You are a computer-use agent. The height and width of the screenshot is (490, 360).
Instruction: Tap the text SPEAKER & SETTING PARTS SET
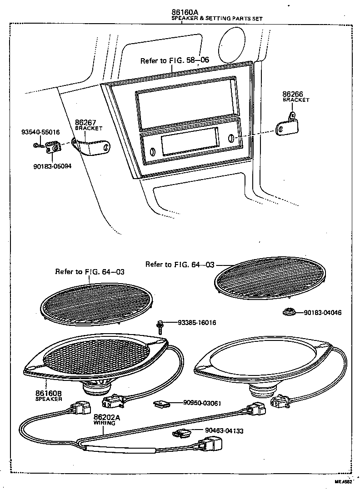217,19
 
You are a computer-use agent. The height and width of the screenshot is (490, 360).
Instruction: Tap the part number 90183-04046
323,313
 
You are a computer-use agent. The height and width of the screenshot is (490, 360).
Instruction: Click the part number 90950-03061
202,403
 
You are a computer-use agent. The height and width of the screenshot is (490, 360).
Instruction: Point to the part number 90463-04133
224,430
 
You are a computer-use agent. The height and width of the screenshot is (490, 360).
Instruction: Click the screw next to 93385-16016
160,327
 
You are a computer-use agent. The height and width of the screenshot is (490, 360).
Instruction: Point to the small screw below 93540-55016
38,146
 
